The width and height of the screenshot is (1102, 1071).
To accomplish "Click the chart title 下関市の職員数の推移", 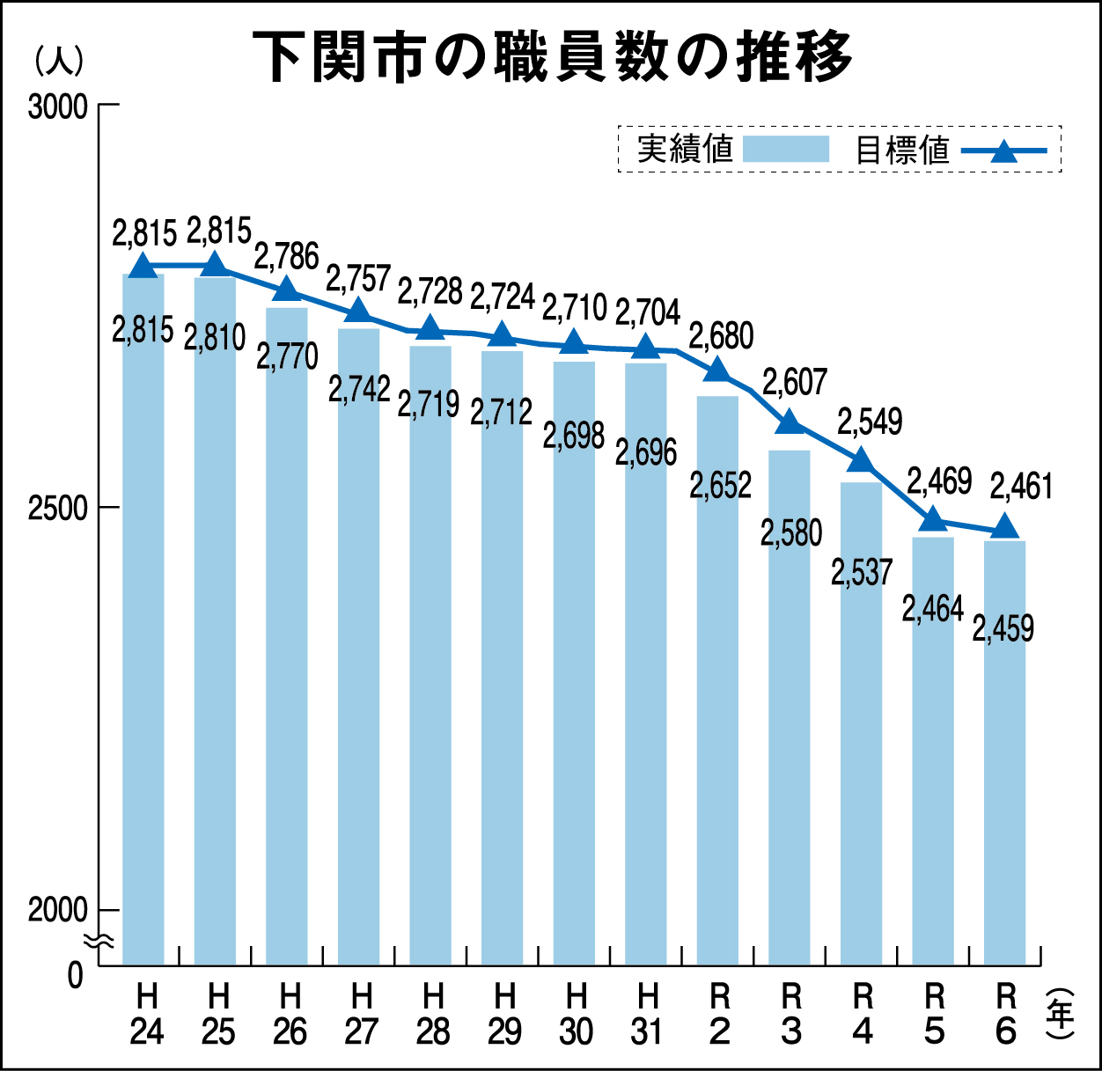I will (552, 56).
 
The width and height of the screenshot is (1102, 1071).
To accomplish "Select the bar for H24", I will (143, 616).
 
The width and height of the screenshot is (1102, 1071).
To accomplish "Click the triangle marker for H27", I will (358, 311).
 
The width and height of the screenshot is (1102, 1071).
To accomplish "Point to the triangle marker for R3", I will (790, 422).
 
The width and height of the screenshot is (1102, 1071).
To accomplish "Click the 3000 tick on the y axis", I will (58, 106).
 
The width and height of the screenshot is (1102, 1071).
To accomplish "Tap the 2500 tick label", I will (58, 508).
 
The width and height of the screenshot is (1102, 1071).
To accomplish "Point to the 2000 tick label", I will (58, 910).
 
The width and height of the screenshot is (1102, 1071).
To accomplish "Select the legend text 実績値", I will (685, 149).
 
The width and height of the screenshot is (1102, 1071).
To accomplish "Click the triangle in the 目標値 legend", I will (1003, 151).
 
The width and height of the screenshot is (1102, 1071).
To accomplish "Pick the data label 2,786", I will (286, 256).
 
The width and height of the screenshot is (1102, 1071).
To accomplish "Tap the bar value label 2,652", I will (721, 485).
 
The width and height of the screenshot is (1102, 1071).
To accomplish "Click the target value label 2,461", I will (1021, 486).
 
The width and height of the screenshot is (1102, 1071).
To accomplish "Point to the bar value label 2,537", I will (862, 572).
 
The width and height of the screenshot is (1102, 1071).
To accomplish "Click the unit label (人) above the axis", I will (59, 59).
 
